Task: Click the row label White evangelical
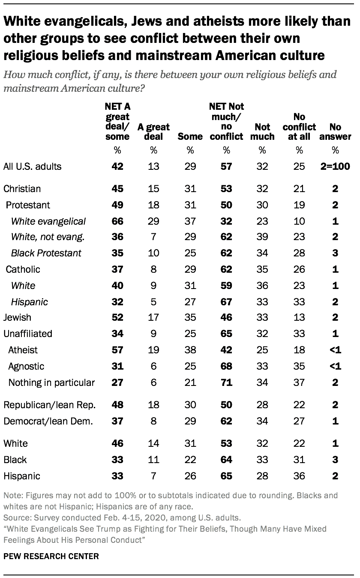pos(48,221)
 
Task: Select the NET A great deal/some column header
pos(117,121)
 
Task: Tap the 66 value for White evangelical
pos(117,221)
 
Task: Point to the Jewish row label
pos(17,318)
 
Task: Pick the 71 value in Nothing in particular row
pos(227,382)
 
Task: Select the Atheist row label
pos(23,350)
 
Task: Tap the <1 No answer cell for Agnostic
pos(335,366)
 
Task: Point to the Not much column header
pos(262,132)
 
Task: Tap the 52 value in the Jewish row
pos(117,318)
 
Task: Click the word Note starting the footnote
pos(12,495)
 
